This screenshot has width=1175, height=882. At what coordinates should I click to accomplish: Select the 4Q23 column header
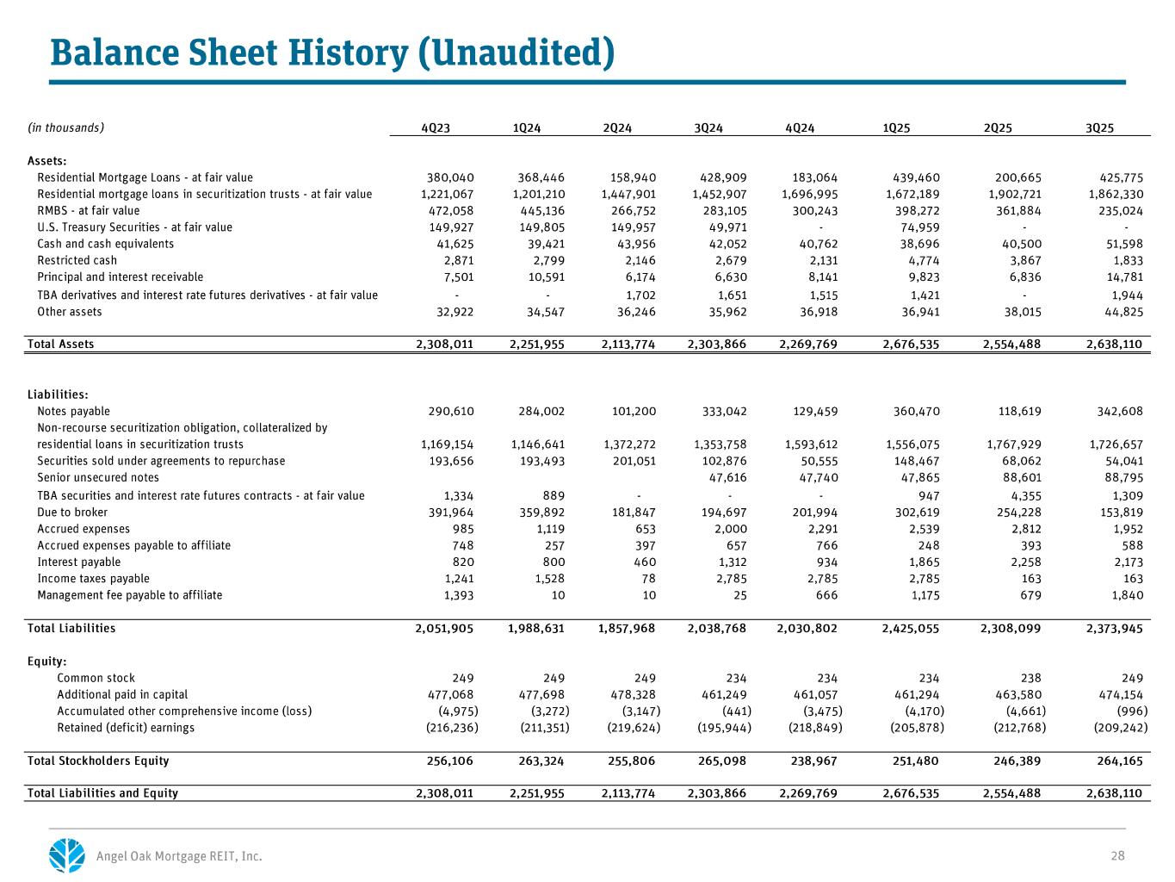[436, 128]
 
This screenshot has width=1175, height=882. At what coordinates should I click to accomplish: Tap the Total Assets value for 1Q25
[911, 345]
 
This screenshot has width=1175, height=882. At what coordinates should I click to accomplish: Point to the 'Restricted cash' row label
[77, 260]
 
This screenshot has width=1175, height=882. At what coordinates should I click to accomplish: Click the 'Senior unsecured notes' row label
[98, 477]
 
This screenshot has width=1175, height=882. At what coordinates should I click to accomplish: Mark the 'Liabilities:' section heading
[58, 394]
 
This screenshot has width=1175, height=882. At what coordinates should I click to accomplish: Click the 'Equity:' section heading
[47, 661]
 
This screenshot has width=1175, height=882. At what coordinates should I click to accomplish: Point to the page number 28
[1117, 855]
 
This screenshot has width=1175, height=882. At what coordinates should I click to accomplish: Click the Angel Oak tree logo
[67, 854]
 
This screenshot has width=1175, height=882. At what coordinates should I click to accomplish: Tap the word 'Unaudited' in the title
[516, 53]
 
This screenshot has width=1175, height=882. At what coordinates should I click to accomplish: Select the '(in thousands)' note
[66, 127]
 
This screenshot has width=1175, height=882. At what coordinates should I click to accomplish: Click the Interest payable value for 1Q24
[547, 562]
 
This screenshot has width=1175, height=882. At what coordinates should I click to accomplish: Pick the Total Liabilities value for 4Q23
[444, 629]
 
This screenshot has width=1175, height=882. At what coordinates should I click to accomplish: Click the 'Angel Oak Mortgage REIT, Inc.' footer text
[179, 856]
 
